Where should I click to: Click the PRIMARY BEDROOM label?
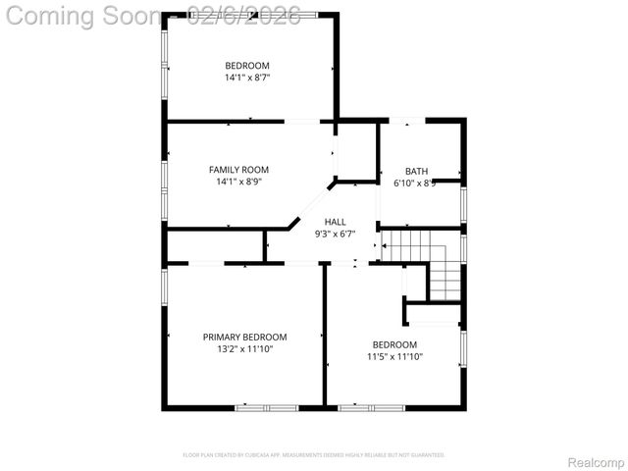tap(244, 337)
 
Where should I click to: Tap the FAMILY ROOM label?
tap(238, 170)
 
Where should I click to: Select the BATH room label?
tap(416, 171)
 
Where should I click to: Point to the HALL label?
tap(335, 223)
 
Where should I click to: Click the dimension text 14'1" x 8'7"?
tap(246, 77)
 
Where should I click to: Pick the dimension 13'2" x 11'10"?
tap(244, 348)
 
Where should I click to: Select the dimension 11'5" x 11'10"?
tap(394, 356)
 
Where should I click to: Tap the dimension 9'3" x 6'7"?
tap(335, 234)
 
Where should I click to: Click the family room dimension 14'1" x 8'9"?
tap(238, 182)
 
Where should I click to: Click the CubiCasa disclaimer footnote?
tap(314, 455)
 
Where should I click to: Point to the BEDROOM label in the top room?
tap(246, 66)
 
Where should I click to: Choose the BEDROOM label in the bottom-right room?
tap(394, 344)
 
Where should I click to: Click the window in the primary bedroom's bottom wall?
tap(266, 406)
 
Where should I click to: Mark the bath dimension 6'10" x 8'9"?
tap(416, 183)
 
